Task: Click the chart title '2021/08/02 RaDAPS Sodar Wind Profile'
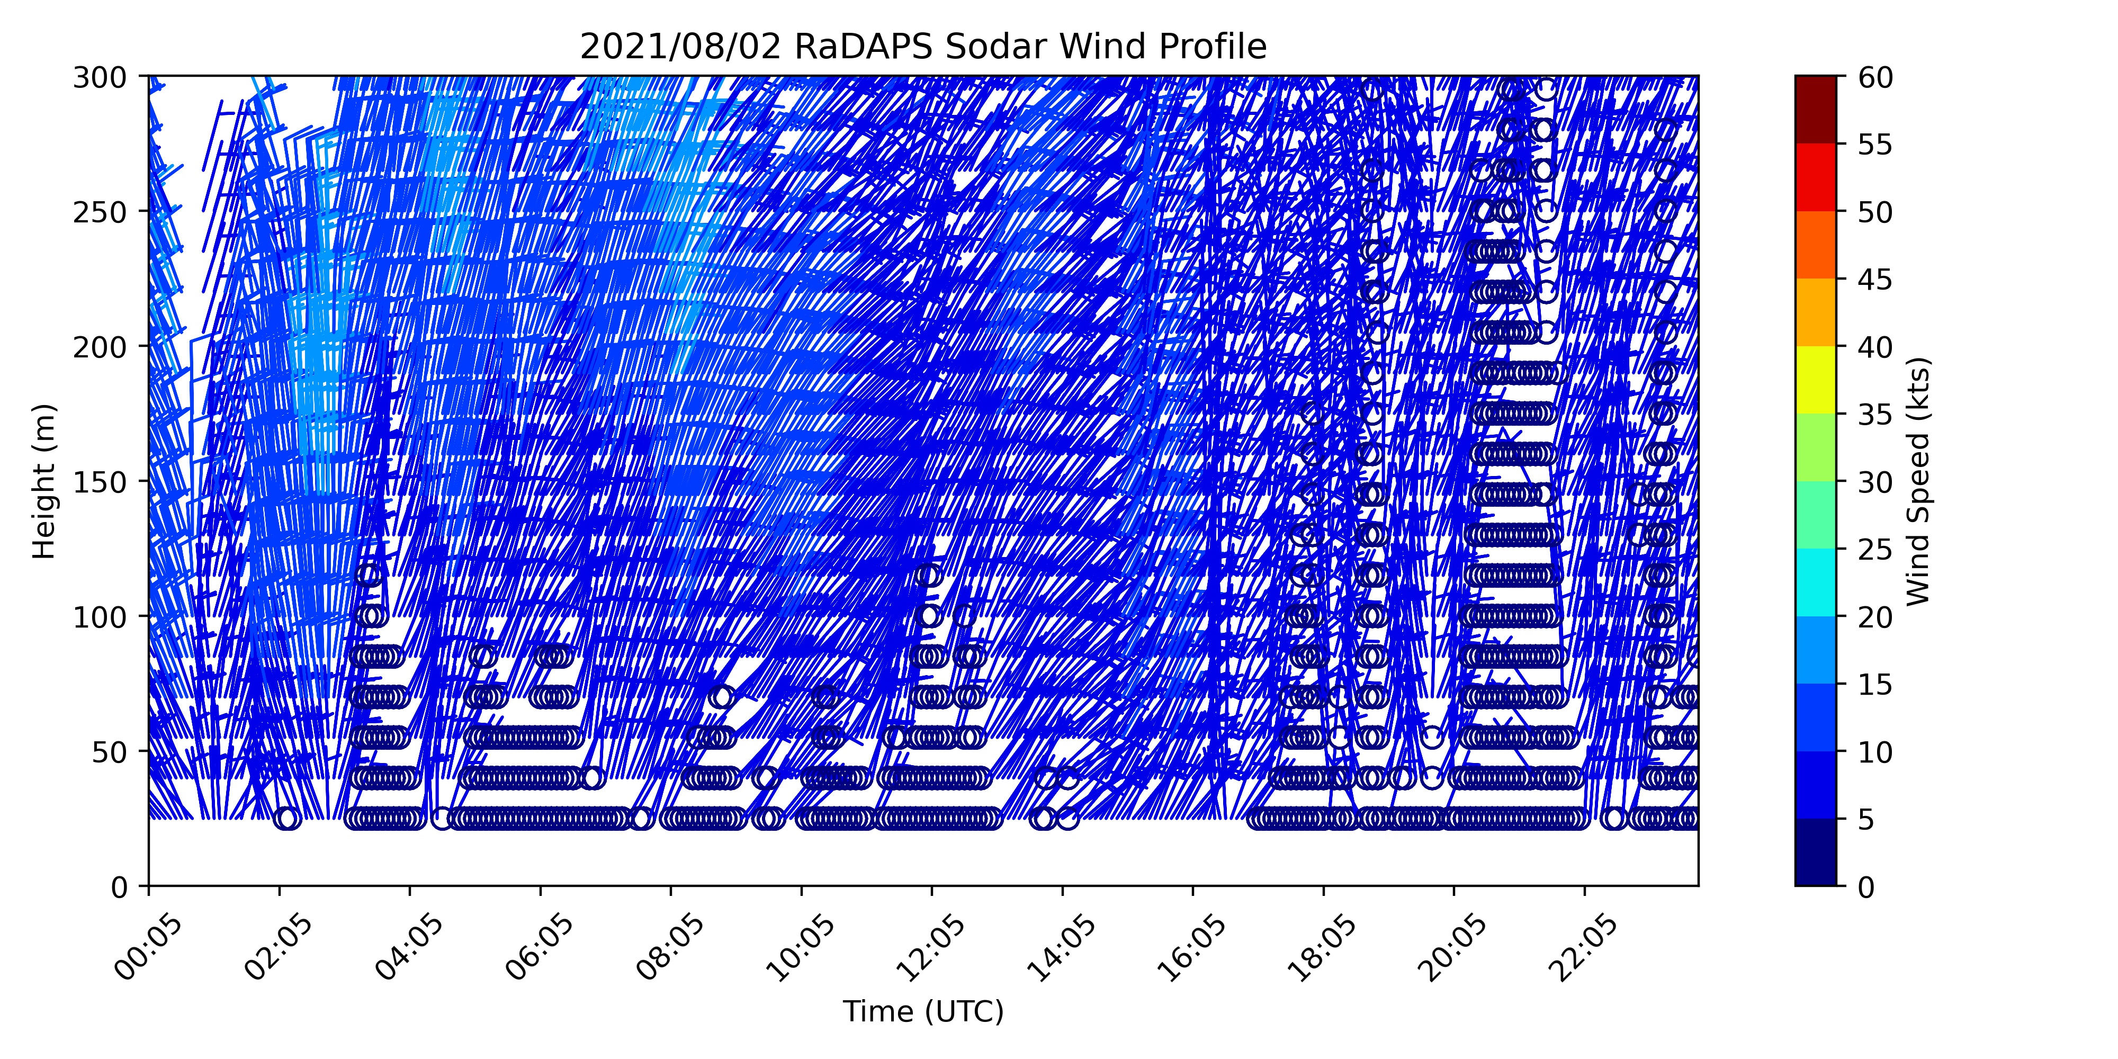click(923, 47)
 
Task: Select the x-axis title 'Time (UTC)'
click(923, 1011)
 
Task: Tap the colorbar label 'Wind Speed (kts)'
click(1917, 481)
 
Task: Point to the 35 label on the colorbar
click(1875, 415)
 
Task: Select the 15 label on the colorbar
click(1875, 684)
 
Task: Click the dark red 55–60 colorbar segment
click(1816, 110)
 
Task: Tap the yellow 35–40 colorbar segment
click(1816, 380)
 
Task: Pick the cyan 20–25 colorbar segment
click(1816, 582)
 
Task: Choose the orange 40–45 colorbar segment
click(1816, 312)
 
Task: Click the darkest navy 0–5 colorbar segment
click(1816, 852)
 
